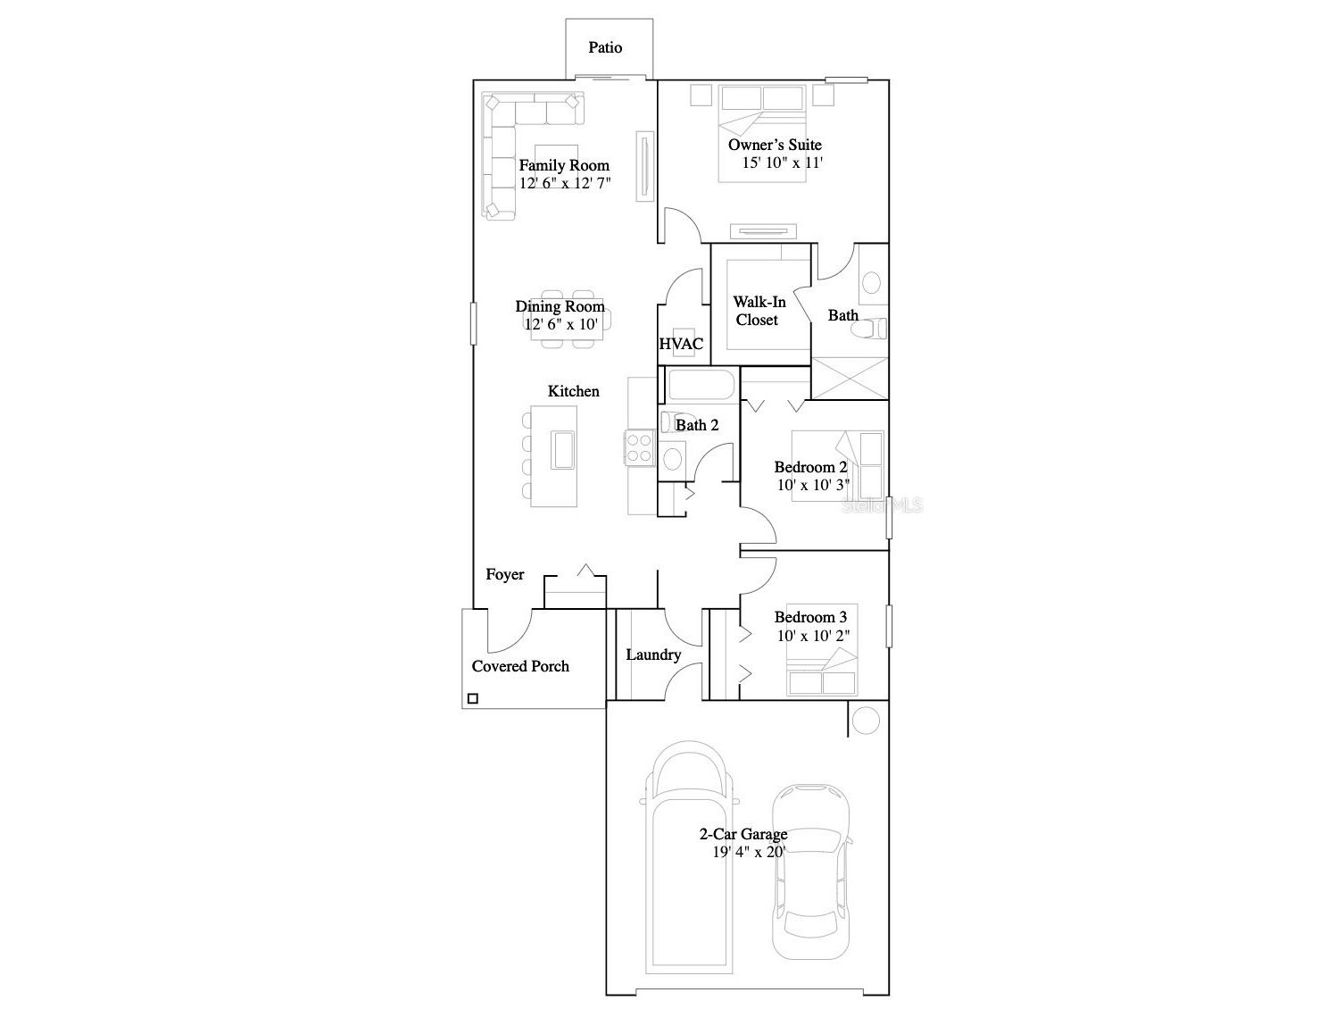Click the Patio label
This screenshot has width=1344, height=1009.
(605, 47)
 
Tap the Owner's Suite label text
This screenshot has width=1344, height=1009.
(775, 145)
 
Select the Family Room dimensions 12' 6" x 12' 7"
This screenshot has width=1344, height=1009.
(565, 183)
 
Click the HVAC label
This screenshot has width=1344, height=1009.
(681, 344)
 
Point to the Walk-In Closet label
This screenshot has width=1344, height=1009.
(759, 311)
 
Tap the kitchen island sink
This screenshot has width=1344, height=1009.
(562, 450)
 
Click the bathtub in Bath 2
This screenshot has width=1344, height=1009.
(701, 385)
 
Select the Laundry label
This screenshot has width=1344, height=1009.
(653, 655)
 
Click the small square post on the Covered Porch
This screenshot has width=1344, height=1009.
(473, 697)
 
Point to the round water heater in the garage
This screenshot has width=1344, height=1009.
(866, 721)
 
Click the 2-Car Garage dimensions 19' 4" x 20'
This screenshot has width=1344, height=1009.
(748, 852)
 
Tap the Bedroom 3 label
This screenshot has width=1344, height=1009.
(810, 617)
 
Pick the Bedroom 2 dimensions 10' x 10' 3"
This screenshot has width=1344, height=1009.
(813, 485)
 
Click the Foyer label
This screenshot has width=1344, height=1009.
(504, 574)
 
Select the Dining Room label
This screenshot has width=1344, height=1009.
(560, 306)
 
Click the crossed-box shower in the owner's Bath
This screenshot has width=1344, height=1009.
(850, 379)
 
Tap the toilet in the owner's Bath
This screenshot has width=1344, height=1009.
(869, 329)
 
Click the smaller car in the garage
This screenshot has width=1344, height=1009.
(810, 871)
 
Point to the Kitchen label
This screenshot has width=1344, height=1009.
(573, 391)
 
